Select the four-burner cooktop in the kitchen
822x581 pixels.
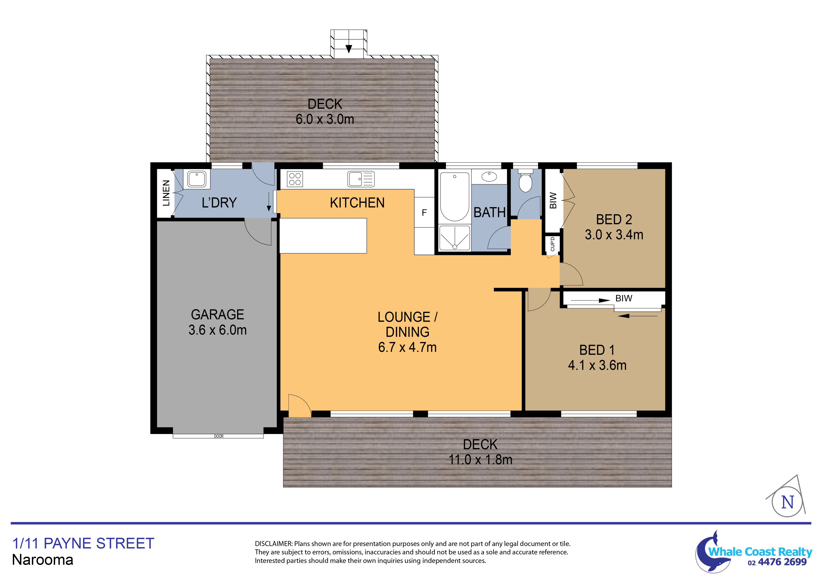tap(295, 179)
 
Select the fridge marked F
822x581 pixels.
tap(424, 213)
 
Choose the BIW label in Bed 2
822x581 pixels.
tap(553, 201)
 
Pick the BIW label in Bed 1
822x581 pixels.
tap(624, 298)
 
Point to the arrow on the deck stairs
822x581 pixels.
tap(349, 48)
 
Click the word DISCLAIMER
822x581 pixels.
tap(273, 544)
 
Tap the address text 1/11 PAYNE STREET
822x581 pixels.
tap(83, 543)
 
